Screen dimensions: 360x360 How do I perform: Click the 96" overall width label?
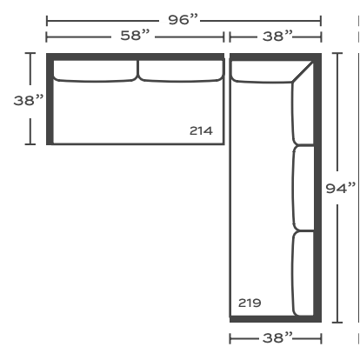(x=183, y=20)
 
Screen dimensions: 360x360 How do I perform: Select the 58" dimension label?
(x=135, y=36)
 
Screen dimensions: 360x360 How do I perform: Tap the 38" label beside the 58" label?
(x=277, y=37)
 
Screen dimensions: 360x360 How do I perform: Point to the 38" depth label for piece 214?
(x=29, y=100)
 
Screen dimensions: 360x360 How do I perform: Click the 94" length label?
(x=341, y=189)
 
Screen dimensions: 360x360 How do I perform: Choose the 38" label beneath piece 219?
(x=277, y=338)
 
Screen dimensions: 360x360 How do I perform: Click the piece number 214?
(x=201, y=130)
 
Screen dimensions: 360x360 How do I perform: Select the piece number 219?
(x=250, y=303)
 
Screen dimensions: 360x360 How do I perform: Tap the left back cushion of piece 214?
(x=95, y=70)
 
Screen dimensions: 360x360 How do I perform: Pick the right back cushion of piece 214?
(x=181, y=70)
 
